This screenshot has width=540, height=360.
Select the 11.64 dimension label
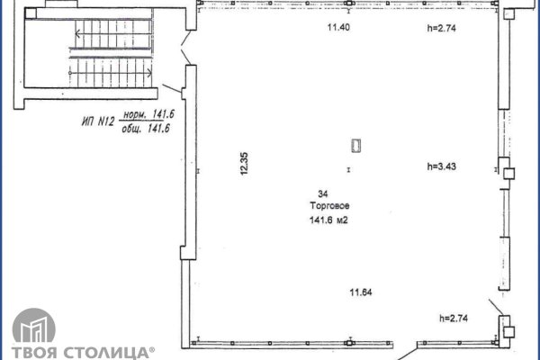coord(362,291)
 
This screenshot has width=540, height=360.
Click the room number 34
coord(322,193)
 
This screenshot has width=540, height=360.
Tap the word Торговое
coord(322,206)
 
